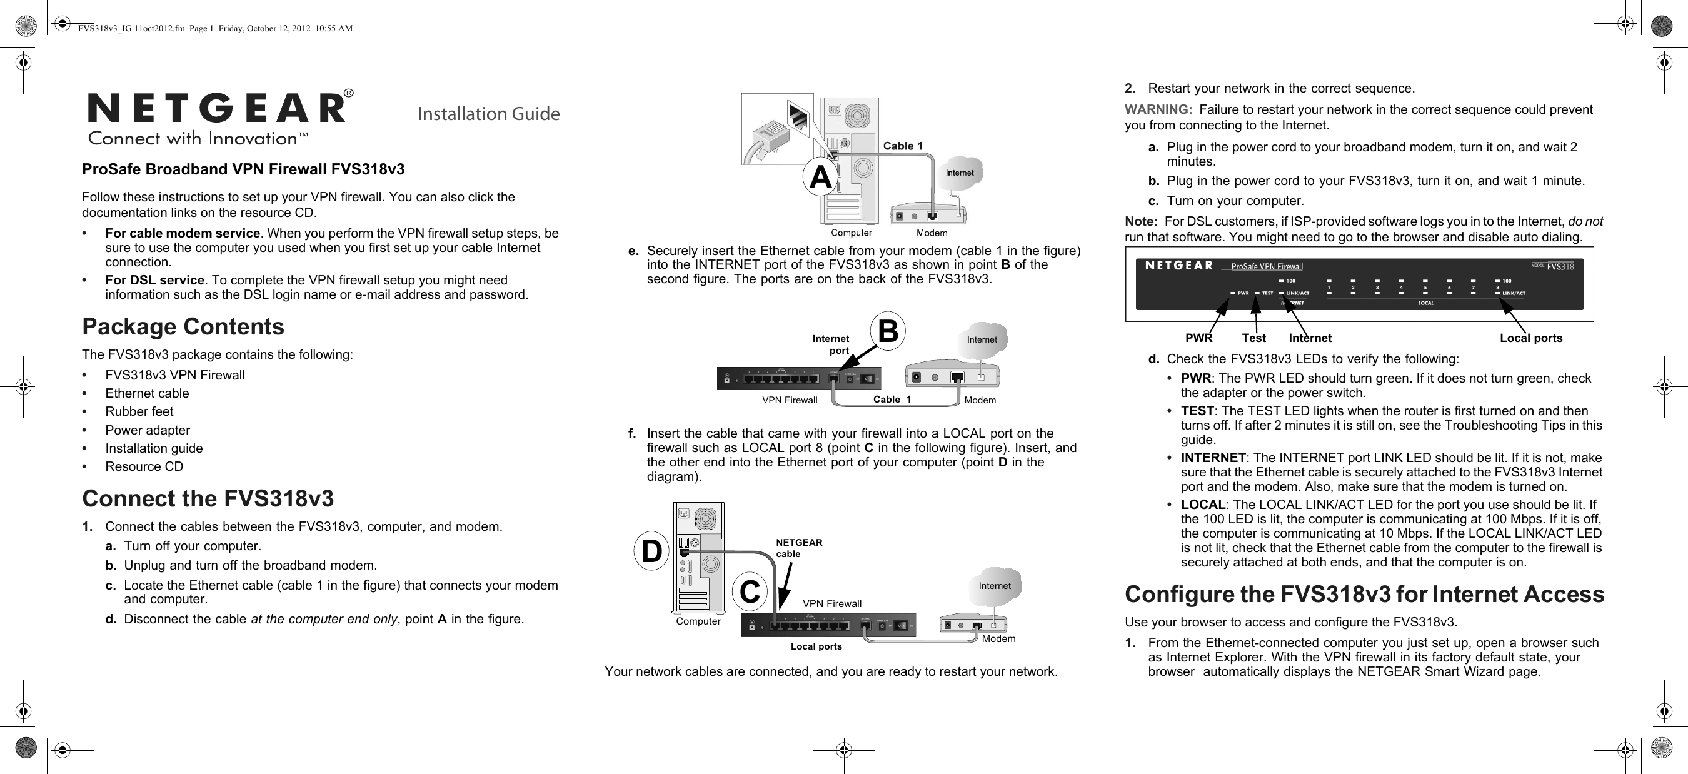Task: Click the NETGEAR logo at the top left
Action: [216, 108]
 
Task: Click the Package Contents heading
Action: [183, 326]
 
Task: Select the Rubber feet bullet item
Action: [139, 411]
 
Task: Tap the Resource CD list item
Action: [144, 466]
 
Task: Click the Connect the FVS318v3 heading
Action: [208, 499]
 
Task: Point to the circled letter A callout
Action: [820, 176]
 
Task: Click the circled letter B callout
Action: [887, 331]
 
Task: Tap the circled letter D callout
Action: [651, 551]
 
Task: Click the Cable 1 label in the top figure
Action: [902, 146]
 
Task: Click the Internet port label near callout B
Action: [831, 344]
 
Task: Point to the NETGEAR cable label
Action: [798, 548]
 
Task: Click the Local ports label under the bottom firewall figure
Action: [816, 646]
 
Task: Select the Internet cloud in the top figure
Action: [959, 173]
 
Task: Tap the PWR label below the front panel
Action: [1198, 338]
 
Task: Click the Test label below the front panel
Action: [1253, 338]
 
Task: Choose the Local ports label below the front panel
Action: [1530, 338]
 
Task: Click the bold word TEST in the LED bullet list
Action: [1197, 411]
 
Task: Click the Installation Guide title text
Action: [489, 114]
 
